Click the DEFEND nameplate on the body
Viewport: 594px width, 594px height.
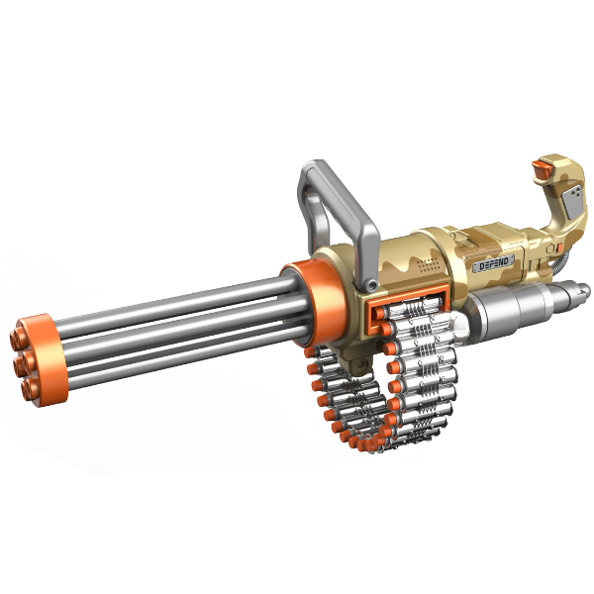493,263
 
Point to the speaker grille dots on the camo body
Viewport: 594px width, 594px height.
428,264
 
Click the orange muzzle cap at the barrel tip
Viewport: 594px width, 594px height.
38,360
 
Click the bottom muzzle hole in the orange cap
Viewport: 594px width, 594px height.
30,389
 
